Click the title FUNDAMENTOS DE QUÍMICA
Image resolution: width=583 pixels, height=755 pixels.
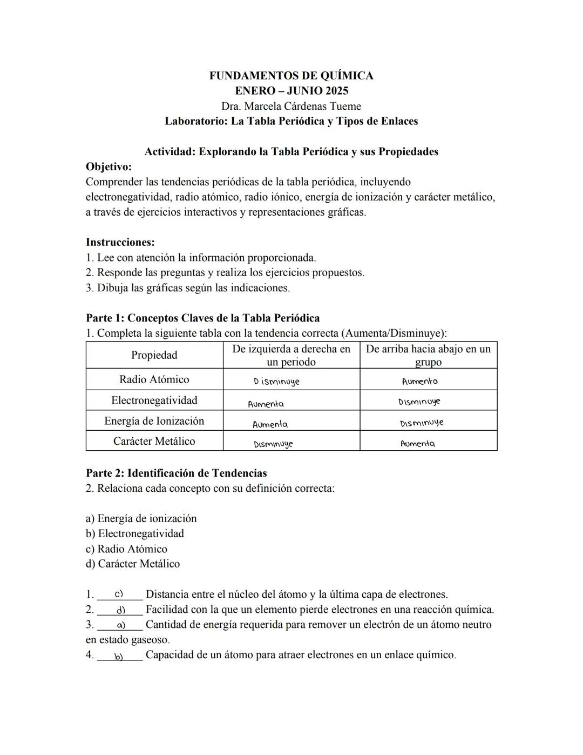coord(291,76)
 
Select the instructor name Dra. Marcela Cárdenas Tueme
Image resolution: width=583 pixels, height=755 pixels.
coord(291,106)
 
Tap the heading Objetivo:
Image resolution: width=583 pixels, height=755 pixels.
coord(109,166)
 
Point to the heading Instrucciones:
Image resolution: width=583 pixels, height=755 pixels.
coord(120,242)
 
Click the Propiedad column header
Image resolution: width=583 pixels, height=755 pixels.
coord(154,355)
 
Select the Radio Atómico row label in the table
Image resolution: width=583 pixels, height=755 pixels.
coord(154,379)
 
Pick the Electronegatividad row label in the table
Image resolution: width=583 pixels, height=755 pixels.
coord(154,400)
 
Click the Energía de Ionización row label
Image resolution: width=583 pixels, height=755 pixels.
coord(154,421)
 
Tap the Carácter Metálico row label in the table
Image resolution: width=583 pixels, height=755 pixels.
coord(154,441)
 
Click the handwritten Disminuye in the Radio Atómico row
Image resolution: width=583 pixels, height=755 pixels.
coord(276,382)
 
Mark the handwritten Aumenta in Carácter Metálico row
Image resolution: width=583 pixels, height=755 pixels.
coord(417,444)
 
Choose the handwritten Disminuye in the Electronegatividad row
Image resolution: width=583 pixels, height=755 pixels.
coord(419,402)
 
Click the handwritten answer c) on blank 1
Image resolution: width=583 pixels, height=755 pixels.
coord(119,594)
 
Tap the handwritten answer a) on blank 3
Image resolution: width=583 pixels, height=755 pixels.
coord(121,625)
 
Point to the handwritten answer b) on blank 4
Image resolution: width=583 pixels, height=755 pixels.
coord(119,657)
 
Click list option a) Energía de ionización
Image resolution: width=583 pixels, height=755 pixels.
coord(141,519)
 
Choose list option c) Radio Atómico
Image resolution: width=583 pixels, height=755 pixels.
coord(126,549)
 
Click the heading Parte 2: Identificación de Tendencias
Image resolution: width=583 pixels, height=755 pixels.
coord(176,473)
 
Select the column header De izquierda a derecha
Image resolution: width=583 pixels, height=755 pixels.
coord(291,355)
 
